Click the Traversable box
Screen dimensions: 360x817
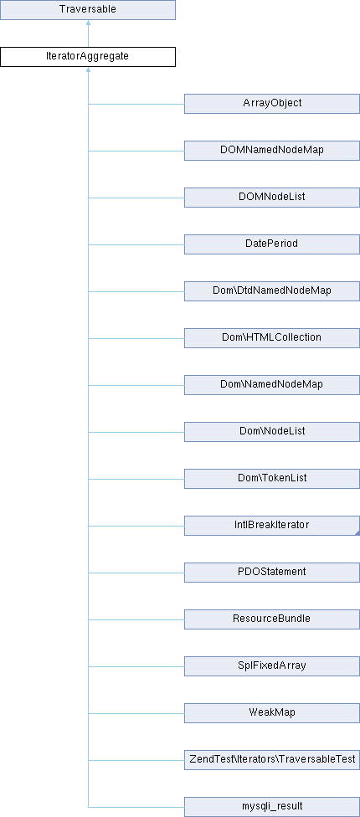pos(88,10)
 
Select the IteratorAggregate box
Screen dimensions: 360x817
pos(88,57)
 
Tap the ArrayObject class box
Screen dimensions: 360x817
pos(272,104)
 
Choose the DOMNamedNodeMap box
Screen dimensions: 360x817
pos(272,151)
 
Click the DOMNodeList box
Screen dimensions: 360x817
pos(272,198)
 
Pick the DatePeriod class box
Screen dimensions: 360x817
pos(272,244)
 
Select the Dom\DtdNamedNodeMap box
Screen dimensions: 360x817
pos(272,291)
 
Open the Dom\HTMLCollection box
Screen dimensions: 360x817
pos(272,338)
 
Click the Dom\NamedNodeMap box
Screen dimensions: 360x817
pos(272,385)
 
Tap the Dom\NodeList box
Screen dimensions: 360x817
pos(272,432)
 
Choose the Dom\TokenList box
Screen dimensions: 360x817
pos(272,479)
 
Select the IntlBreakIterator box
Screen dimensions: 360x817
pos(272,526)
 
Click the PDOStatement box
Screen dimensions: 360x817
pos(272,573)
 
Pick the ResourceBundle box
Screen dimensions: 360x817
pos(272,619)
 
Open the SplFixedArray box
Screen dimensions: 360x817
pos(272,666)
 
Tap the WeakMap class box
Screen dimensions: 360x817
pos(272,713)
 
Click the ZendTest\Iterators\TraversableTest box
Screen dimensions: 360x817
pos(272,760)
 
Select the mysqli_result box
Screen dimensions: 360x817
pos(272,807)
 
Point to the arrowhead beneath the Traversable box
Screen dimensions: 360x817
pos(88,23)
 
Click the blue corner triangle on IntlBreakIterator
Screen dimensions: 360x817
pos(357,533)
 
